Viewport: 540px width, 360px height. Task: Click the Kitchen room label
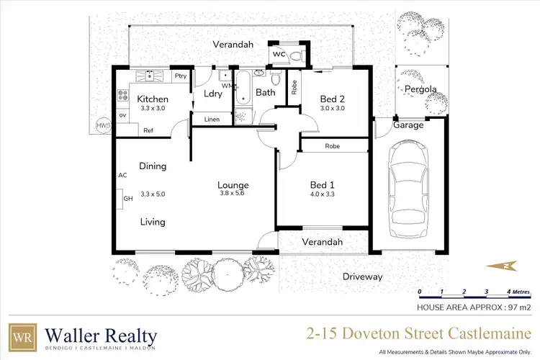click(x=153, y=99)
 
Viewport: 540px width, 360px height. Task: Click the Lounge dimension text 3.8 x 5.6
click(x=233, y=193)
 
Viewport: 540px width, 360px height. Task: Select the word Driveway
click(x=362, y=276)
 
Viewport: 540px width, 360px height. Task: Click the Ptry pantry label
click(x=180, y=75)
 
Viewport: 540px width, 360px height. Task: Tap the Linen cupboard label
click(x=212, y=119)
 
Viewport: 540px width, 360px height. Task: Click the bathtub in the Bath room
click(x=243, y=96)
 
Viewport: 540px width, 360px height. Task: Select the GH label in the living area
click(x=129, y=198)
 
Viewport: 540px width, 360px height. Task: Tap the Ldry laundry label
click(x=212, y=94)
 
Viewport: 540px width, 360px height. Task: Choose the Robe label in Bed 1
click(x=332, y=145)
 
